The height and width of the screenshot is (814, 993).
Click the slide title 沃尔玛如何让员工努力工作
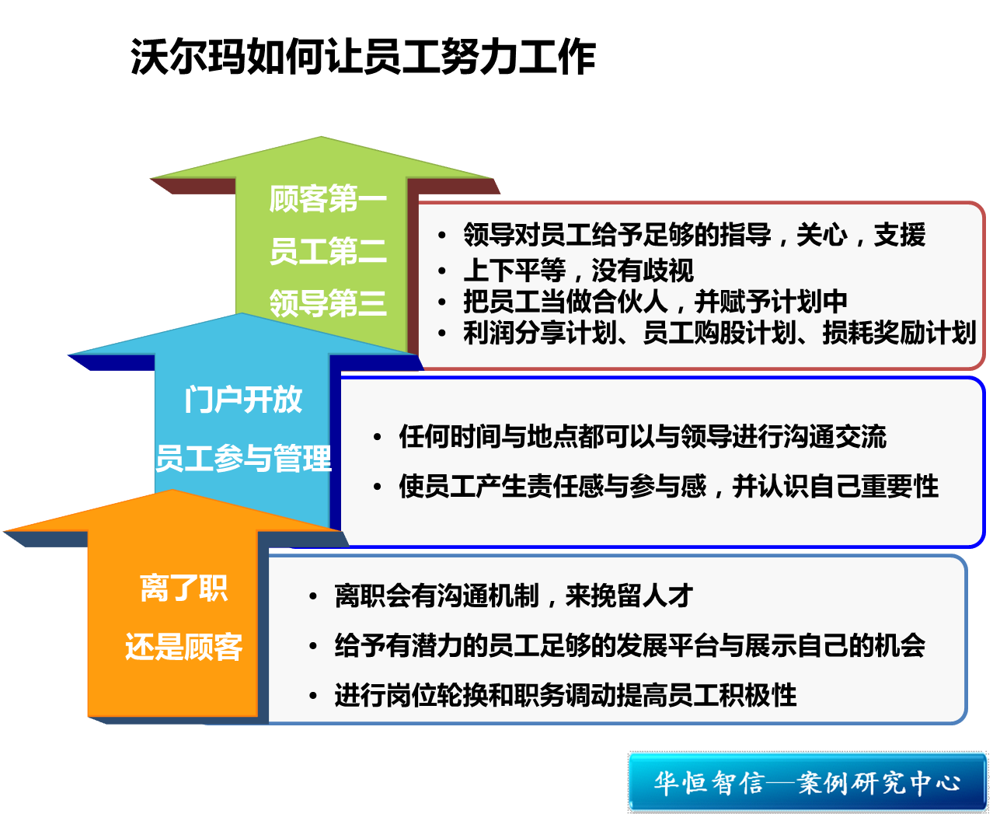(x=363, y=57)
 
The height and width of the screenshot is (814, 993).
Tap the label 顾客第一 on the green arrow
(x=328, y=198)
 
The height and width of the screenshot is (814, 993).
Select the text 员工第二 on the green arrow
(x=328, y=250)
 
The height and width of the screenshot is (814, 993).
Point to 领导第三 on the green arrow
(x=328, y=303)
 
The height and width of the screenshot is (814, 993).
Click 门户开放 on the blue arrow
(x=243, y=400)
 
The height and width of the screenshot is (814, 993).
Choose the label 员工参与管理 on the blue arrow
(x=243, y=458)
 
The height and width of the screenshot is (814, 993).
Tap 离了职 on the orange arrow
(x=183, y=588)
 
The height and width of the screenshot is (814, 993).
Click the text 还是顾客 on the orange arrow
(x=183, y=646)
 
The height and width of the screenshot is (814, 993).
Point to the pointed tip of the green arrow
(x=321, y=137)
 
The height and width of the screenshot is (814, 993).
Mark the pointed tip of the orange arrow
(x=172, y=490)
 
